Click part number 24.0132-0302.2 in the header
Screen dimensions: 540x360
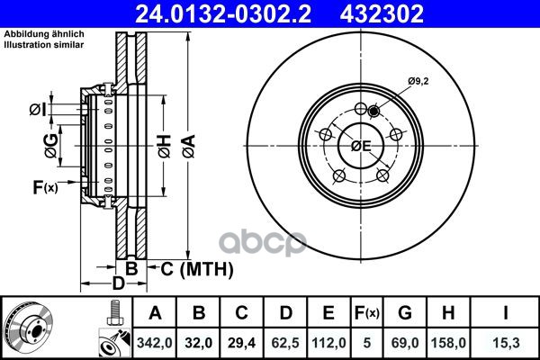click(223, 13)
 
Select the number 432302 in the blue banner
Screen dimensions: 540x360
click(382, 13)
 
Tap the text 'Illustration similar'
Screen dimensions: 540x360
click(44, 45)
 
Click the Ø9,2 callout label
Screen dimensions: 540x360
click(418, 82)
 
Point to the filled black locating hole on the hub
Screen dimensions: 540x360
click(373, 112)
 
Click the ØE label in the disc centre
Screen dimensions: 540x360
click(361, 146)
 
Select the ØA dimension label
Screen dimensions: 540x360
click(189, 147)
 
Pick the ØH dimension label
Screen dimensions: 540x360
click(165, 147)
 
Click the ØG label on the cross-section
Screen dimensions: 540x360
click(51, 146)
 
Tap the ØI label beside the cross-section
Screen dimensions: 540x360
click(38, 110)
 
